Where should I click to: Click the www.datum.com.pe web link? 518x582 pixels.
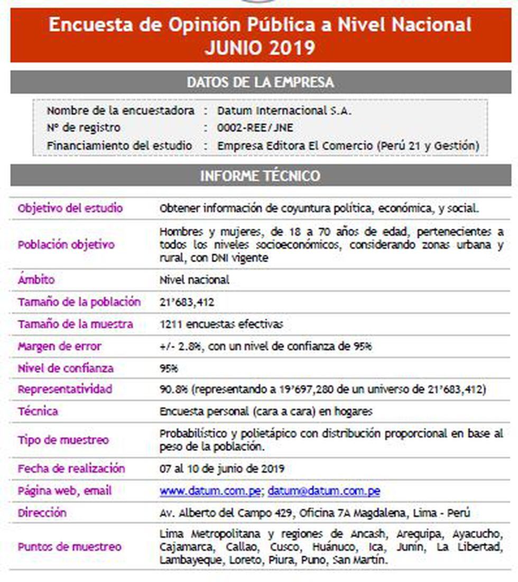pyautogui.click(x=210, y=491)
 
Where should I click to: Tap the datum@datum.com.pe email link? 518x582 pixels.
pyautogui.click(x=323, y=491)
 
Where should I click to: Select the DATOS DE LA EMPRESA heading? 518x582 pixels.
pyautogui.click(x=261, y=82)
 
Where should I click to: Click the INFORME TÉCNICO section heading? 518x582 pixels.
pyautogui.click(x=261, y=176)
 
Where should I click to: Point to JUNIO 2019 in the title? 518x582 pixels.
pyautogui.click(x=260, y=48)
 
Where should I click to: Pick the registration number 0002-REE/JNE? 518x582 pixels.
pyautogui.click(x=255, y=128)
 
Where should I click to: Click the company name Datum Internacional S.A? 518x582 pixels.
pyautogui.click(x=284, y=111)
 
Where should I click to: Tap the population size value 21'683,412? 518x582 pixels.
pyautogui.click(x=187, y=302)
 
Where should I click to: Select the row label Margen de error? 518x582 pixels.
pyautogui.click(x=59, y=347)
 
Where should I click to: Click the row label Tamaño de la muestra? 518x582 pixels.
pyautogui.click(x=75, y=325)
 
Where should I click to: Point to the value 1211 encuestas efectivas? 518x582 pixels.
pyautogui.click(x=221, y=325)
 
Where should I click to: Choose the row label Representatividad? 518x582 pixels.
pyautogui.click(x=64, y=390)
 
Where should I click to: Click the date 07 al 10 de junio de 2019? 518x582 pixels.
pyautogui.click(x=222, y=469)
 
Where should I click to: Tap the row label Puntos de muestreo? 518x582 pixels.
pyautogui.click(x=69, y=547)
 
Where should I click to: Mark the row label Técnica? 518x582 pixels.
pyautogui.click(x=38, y=411)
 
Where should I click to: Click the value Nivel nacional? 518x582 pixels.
pyautogui.click(x=194, y=280)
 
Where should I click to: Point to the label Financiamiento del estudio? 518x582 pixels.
pyautogui.click(x=119, y=145)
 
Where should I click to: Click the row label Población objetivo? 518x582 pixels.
pyautogui.click(x=66, y=245)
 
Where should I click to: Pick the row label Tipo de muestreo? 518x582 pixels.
pyautogui.click(x=63, y=440)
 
